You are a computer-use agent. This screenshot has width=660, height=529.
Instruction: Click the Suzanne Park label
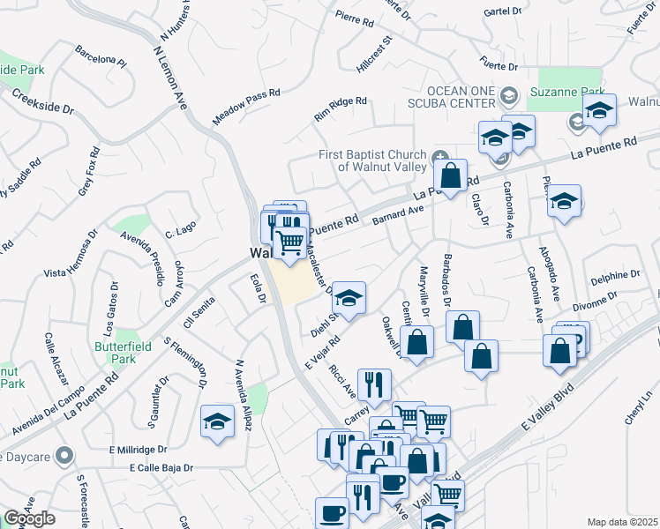pyautogui.click(x=566, y=92)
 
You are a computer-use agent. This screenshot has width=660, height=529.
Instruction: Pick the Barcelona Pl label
pyautogui.click(x=101, y=56)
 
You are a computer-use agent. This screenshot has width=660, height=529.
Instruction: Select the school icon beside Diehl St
pyautogui.click(x=349, y=298)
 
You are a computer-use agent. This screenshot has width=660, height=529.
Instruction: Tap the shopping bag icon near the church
pyautogui.click(x=450, y=175)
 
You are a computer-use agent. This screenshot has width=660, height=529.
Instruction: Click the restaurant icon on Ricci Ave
pyautogui.click(x=376, y=384)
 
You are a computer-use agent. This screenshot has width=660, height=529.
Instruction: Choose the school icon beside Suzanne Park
pyautogui.click(x=599, y=111)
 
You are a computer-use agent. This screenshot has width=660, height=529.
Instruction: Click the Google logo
pyautogui.click(x=29, y=518)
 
